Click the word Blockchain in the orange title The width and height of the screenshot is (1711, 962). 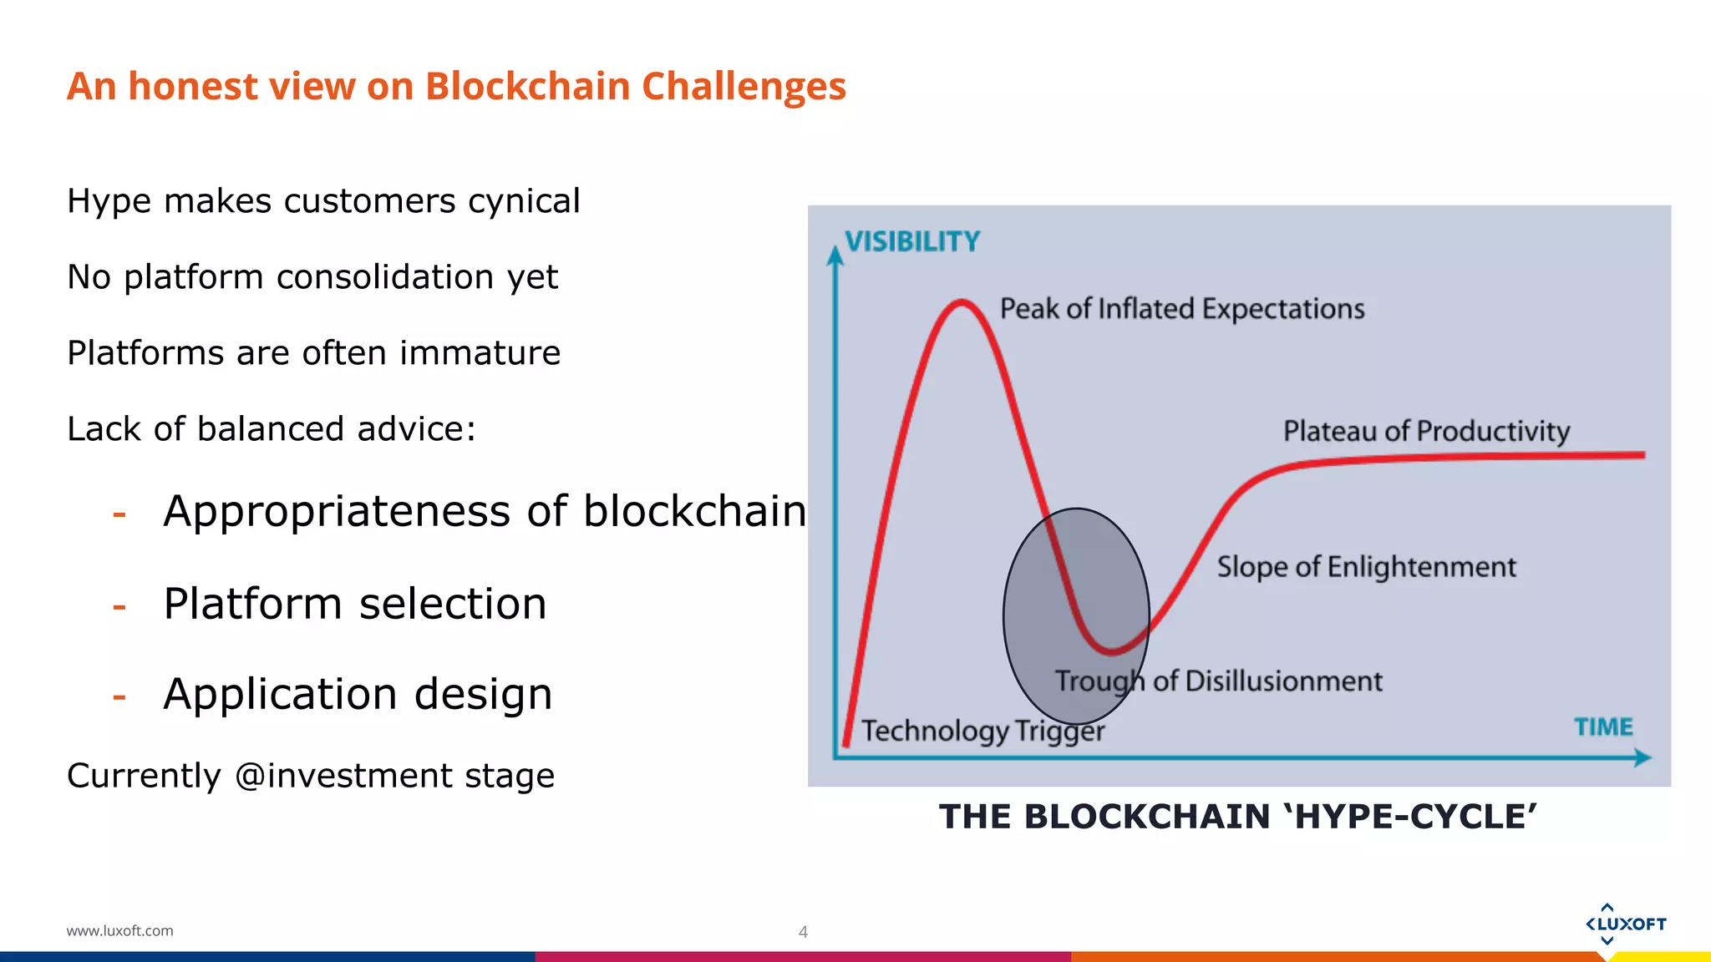pyautogui.click(x=527, y=87)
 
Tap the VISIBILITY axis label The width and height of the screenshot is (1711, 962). pyautogui.click(x=912, y=242)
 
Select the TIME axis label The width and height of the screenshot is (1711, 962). pyautogui.click(x=1603, y=727)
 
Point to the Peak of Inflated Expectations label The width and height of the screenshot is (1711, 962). pyautogui.click(x=1181, y=309)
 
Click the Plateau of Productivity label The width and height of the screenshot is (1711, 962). pyautogui.click(x=1426, y=431)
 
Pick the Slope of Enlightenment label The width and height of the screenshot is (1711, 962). pyautogui.click(x=1366, y=567)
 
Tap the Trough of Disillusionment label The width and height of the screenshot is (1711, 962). pyautogui.click(x=1218, y=681)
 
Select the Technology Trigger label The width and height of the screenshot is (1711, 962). pyautogui.click(x=982, y=732)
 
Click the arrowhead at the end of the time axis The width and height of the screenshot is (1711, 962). pyautogui.click(x=1642, y=757)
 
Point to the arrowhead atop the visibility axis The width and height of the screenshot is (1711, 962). pyautogui.click(x=835, y=255)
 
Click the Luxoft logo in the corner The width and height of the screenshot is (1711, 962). pyautogui.click(x=1625, y=924)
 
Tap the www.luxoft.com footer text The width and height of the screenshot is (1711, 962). pyautogui.click(x=119, y=930)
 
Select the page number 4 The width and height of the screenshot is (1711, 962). pyautogui.click(x=803, y=932)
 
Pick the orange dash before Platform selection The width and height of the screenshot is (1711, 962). pyautogui.click(x=119, y=605)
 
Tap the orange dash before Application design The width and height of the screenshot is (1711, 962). pyautogui.click(x=119, y=696)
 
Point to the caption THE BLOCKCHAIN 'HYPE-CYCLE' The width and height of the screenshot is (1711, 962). pyautogui.click(x=1238, y=817)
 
